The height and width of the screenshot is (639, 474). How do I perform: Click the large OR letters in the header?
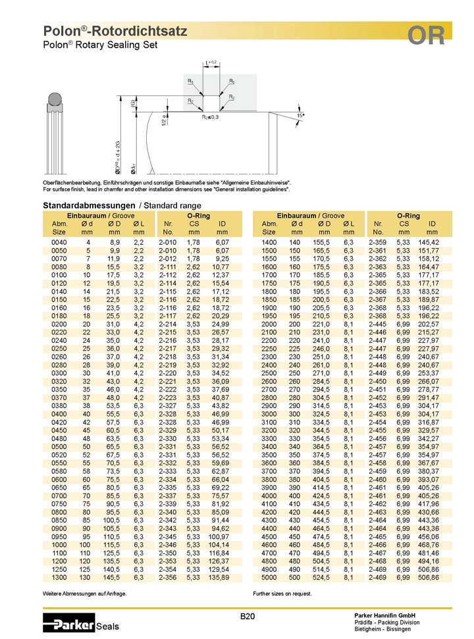pos(426,36)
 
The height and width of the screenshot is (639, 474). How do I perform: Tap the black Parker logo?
pos(69,623)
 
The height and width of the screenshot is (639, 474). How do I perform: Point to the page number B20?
pos(248,616)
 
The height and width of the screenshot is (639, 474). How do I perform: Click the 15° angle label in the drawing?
pos(301,115)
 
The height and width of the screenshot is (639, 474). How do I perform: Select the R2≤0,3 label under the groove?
pos(210,117)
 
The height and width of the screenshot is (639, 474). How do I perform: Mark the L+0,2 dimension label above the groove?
pos(211,63)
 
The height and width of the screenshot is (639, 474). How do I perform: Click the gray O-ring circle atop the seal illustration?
pos(55,99)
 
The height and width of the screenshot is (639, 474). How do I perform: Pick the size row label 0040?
pos(59,242)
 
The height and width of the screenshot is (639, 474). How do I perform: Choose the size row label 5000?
pos(269,577)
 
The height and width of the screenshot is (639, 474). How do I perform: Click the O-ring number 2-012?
pos(168,259)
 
